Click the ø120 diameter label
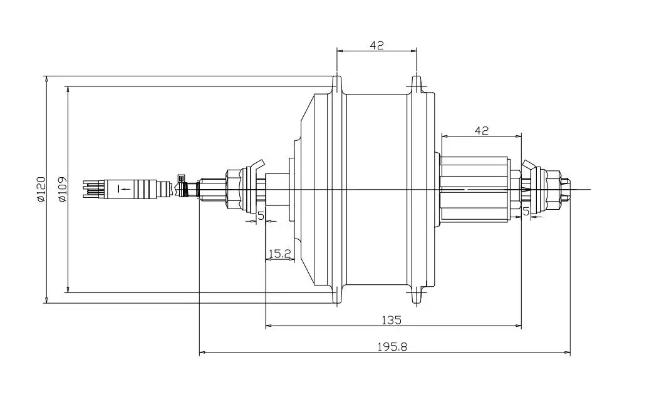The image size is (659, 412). [41, 190]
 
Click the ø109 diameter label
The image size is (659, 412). [63, 190]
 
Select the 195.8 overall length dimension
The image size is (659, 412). [392, 347]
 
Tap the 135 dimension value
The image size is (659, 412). [392, 320]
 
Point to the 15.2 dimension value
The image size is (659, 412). [280, 253]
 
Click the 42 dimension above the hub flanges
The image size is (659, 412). [377, 45]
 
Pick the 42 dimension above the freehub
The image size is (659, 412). [482, 131]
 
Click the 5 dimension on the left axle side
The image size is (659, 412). [261, 216]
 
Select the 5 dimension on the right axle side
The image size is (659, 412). [526, 212]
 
